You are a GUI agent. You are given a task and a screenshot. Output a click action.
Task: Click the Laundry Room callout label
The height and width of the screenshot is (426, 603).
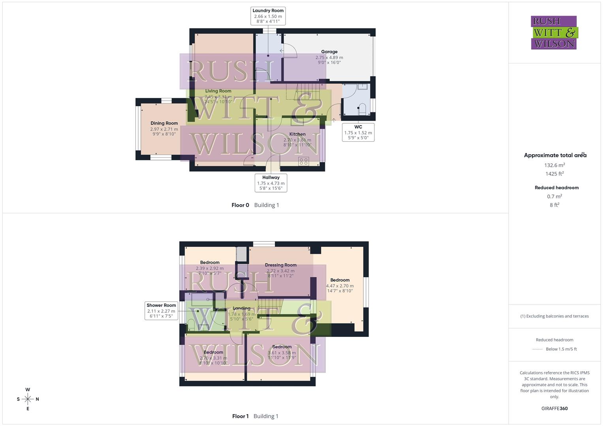tap(268, 16)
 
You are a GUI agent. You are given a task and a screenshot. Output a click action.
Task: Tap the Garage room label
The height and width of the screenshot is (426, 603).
tap(329, 52)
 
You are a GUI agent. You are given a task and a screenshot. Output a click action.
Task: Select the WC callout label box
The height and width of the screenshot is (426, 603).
tap(358, 132)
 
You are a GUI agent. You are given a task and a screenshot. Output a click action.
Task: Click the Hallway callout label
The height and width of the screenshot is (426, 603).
tap(271, 183)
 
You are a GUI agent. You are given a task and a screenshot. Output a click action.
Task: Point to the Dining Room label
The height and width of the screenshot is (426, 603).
tap(164, 123)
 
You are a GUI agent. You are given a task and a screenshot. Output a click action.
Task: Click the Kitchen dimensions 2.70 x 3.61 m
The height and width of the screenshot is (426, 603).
tap(297, 140)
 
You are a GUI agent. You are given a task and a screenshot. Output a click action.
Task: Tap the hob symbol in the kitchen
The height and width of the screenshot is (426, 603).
tap(304, 161)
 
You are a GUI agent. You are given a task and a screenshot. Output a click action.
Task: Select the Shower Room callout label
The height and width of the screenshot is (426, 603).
tap(161, 310)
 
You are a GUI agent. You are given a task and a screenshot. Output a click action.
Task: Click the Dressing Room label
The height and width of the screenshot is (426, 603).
tap(280, 265)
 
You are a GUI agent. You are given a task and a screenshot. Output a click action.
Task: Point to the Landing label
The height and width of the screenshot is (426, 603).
tap(241, 308)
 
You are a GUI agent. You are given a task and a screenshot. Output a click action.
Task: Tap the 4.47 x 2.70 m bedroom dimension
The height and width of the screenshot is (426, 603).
tap(340, 286)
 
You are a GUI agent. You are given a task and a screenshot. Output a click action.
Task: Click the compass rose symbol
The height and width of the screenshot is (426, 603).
tap(28, 399)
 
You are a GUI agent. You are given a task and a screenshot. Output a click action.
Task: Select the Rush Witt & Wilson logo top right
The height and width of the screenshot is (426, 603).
tap(554, 33)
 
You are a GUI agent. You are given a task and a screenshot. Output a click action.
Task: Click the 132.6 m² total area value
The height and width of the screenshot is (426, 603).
tap(554, 165)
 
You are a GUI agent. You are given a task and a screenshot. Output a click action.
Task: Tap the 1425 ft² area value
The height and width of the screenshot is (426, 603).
tap(554, 174)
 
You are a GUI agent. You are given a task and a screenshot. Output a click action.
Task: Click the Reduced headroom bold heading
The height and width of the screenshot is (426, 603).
tap(556, 188)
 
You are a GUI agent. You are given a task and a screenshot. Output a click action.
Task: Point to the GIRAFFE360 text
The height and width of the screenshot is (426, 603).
tap(554, 409)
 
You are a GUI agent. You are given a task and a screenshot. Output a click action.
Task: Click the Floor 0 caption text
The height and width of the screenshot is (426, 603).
tap(240, 205)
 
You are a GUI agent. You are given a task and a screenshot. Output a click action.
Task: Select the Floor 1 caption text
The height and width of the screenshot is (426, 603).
tap(240, 416)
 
